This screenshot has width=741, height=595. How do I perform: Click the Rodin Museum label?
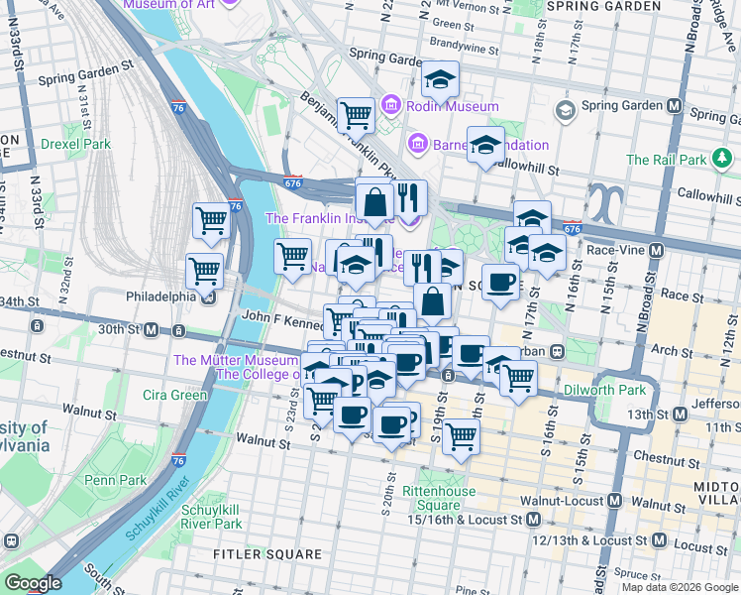click(x=437, y=106)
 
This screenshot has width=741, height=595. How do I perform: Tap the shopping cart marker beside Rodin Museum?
click(x=356, y=115)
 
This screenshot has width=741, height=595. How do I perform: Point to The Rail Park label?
click(x=667, y=160)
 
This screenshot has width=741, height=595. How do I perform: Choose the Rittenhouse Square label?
click(x=431, y=498)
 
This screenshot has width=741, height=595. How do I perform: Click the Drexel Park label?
click(x=76, y=144)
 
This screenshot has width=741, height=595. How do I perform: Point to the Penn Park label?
click(x=115, y=480)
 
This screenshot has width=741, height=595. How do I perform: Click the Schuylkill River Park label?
click(x=212, y=517)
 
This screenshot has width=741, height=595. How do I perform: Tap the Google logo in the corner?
click(x=33, y=583)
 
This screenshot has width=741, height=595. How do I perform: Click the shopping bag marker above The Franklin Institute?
click(x=375, y=201)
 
